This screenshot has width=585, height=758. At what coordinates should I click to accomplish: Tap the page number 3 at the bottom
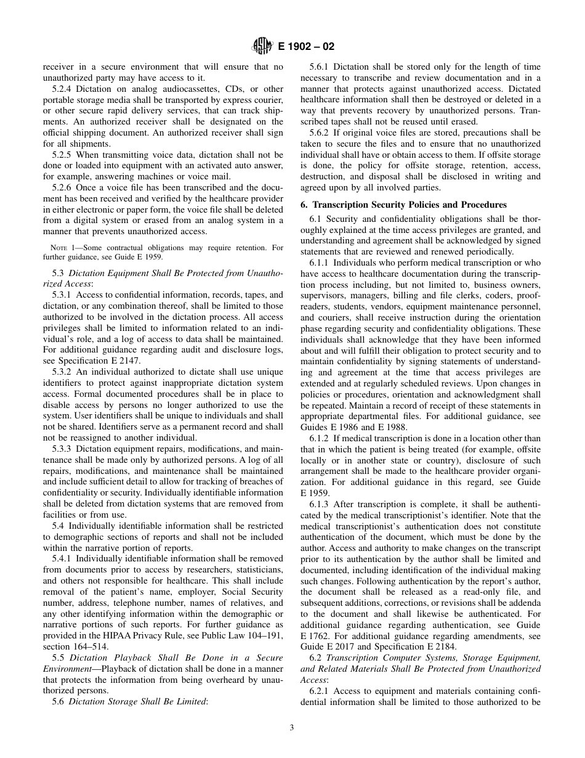292,727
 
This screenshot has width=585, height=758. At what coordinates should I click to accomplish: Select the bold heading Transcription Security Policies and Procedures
409,205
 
